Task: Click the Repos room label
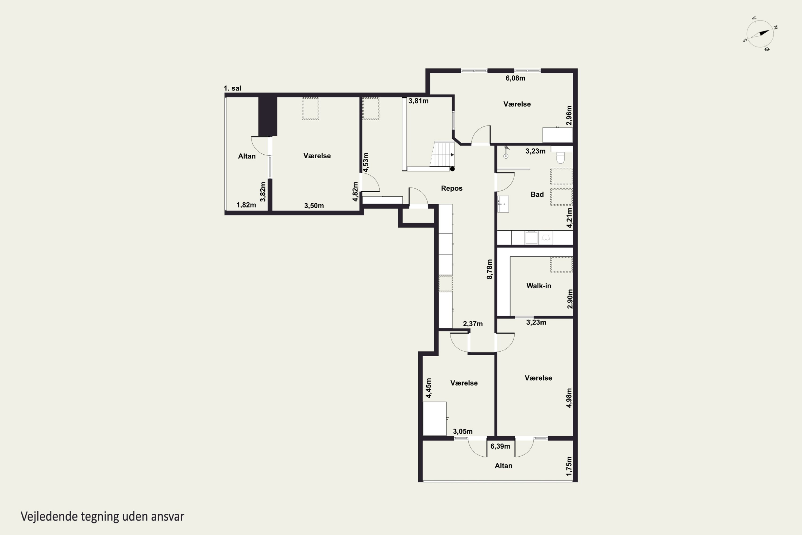452,188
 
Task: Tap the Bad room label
537,194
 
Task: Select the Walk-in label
539,286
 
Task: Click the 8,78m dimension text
490,269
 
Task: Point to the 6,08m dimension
515,78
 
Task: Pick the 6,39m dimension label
500,446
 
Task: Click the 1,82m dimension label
246,205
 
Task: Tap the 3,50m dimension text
314,206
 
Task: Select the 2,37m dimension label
473,324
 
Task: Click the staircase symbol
442,155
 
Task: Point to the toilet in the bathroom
561,157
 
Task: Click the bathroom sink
503,204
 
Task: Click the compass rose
760,34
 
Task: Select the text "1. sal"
233,88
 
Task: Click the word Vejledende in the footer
49,516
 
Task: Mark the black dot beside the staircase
453,169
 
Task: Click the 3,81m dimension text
418,101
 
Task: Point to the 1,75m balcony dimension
569,467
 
